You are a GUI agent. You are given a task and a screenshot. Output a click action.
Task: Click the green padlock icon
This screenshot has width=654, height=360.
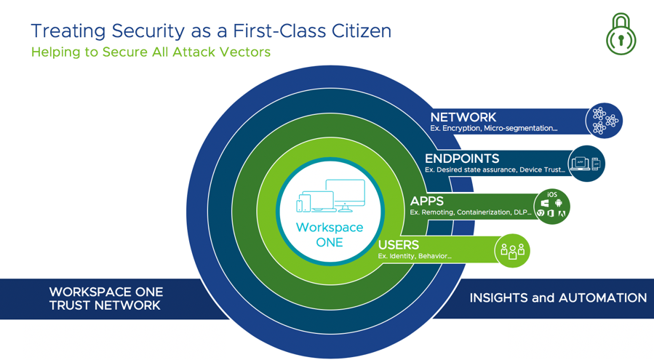[621, 34]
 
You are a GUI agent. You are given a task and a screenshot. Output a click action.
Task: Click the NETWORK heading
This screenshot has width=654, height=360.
[463, 117]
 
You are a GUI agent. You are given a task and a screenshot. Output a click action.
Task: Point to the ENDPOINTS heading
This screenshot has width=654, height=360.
[462, 159]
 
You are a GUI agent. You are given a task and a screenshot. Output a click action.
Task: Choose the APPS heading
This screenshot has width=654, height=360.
[427, 201]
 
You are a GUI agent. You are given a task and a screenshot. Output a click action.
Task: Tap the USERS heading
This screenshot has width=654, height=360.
[399, 245]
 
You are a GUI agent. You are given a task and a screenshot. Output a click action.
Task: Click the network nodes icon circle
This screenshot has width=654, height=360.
[604, 121]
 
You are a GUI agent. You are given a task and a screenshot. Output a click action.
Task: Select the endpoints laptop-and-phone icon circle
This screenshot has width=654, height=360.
[586, 164]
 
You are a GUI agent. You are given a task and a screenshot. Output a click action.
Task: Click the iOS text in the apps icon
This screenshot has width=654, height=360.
[552, 194]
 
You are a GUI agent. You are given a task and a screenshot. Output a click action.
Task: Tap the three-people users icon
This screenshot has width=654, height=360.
[512, 251]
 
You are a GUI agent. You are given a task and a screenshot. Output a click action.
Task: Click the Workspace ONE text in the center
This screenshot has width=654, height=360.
[330, 235]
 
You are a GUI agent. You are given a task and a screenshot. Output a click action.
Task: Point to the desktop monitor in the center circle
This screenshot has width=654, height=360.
[346, 196]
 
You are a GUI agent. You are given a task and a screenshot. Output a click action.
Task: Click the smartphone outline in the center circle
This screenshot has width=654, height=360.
[300, 206]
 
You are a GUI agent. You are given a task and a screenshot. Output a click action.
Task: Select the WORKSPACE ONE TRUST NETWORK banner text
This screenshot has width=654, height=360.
[106, 299]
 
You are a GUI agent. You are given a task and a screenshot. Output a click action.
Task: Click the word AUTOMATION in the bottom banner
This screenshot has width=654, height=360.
[602, 298]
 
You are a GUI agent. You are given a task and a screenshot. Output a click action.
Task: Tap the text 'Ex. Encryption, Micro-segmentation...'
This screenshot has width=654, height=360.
[493, 129]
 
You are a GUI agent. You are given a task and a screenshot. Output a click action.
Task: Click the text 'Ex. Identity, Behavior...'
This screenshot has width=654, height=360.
[415, 256]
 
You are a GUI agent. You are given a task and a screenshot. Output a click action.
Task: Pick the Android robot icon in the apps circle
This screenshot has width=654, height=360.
[559, 203]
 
